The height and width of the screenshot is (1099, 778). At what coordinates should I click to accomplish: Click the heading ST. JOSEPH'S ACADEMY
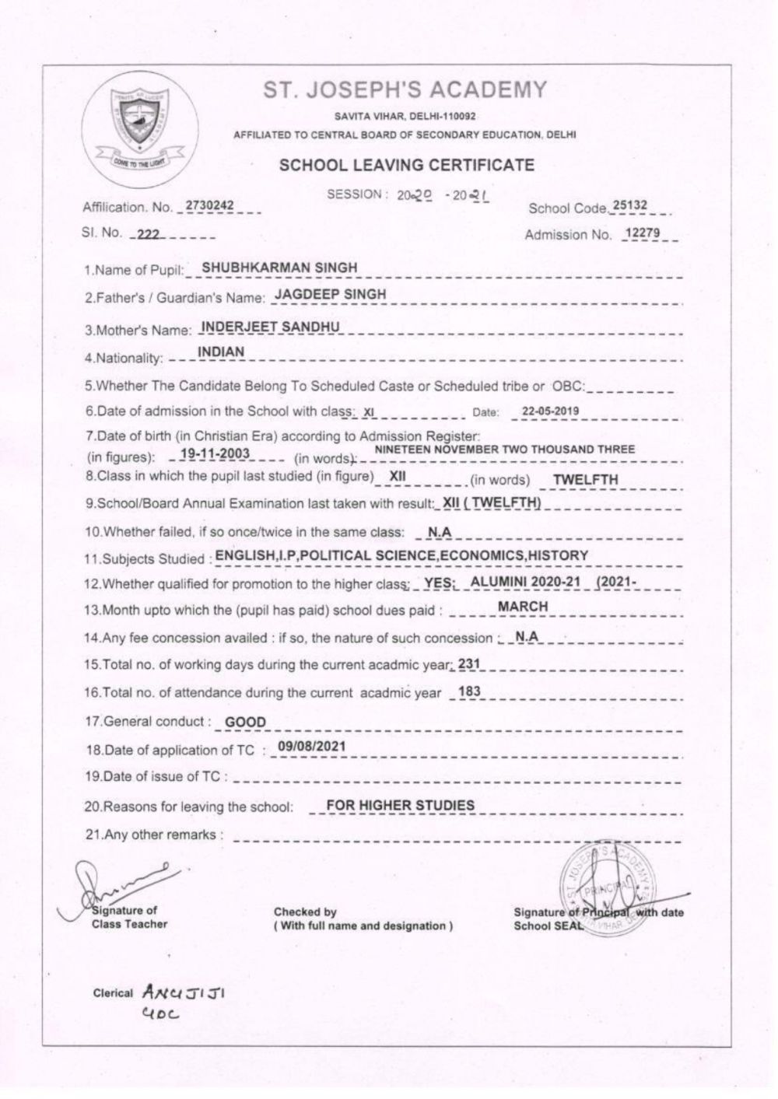(x=405, y=90)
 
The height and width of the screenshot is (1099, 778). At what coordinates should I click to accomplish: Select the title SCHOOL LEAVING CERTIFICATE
(x=406, y=165)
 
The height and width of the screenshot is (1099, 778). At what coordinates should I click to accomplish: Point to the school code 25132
(x=629, y=205)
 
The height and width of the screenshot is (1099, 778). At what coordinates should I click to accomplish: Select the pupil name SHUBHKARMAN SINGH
(x=279, y=268)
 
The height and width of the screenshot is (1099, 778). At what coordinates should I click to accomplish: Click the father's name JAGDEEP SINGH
(x=331, y=294)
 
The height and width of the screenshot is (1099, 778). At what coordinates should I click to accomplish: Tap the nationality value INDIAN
(x=221, y=352)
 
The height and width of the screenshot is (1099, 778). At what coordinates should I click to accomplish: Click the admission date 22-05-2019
(x=550, y=411)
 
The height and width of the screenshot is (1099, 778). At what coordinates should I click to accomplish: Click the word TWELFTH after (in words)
(x=585, y=479)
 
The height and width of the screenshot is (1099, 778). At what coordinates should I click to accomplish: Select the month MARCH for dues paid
(x=523, y=607)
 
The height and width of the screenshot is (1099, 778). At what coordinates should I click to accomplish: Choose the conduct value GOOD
(x=245, y=722)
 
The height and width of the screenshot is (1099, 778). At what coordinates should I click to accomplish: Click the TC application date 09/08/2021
(x=311, y=747)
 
